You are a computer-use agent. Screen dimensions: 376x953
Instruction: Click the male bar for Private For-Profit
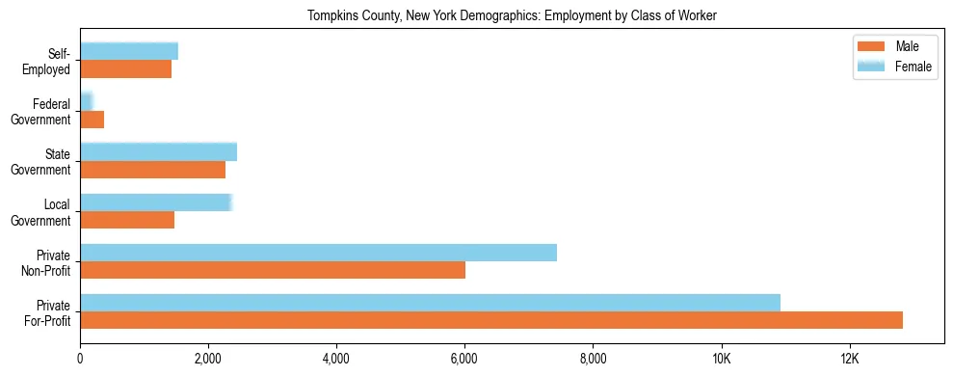click(491, 320)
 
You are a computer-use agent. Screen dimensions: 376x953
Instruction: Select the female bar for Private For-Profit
click(430, 303)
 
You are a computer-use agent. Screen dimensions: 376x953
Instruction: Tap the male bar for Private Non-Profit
click(273, 270)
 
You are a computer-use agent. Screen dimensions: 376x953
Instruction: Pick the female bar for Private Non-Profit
click(318, 253)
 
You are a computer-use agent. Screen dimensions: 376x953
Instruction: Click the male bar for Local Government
click(127, 220)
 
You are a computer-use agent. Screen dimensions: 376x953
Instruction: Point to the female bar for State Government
click(158, 152)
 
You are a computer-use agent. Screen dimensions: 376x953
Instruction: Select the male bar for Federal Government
click(92, 120)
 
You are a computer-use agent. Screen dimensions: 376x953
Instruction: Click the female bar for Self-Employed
click(129, 51)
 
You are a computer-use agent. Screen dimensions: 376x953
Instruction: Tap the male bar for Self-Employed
click(125, 69)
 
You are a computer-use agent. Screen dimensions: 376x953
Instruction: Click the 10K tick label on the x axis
click(721, 359)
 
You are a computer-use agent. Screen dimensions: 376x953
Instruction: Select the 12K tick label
click(849, 359)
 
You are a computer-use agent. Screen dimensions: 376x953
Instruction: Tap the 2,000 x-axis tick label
click(208, 359)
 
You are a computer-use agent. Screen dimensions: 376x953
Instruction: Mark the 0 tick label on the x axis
click(80, 359)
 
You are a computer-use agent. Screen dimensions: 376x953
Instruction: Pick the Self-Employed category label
click(48, 62)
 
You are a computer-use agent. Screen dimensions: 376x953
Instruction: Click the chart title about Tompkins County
click(512, 15)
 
